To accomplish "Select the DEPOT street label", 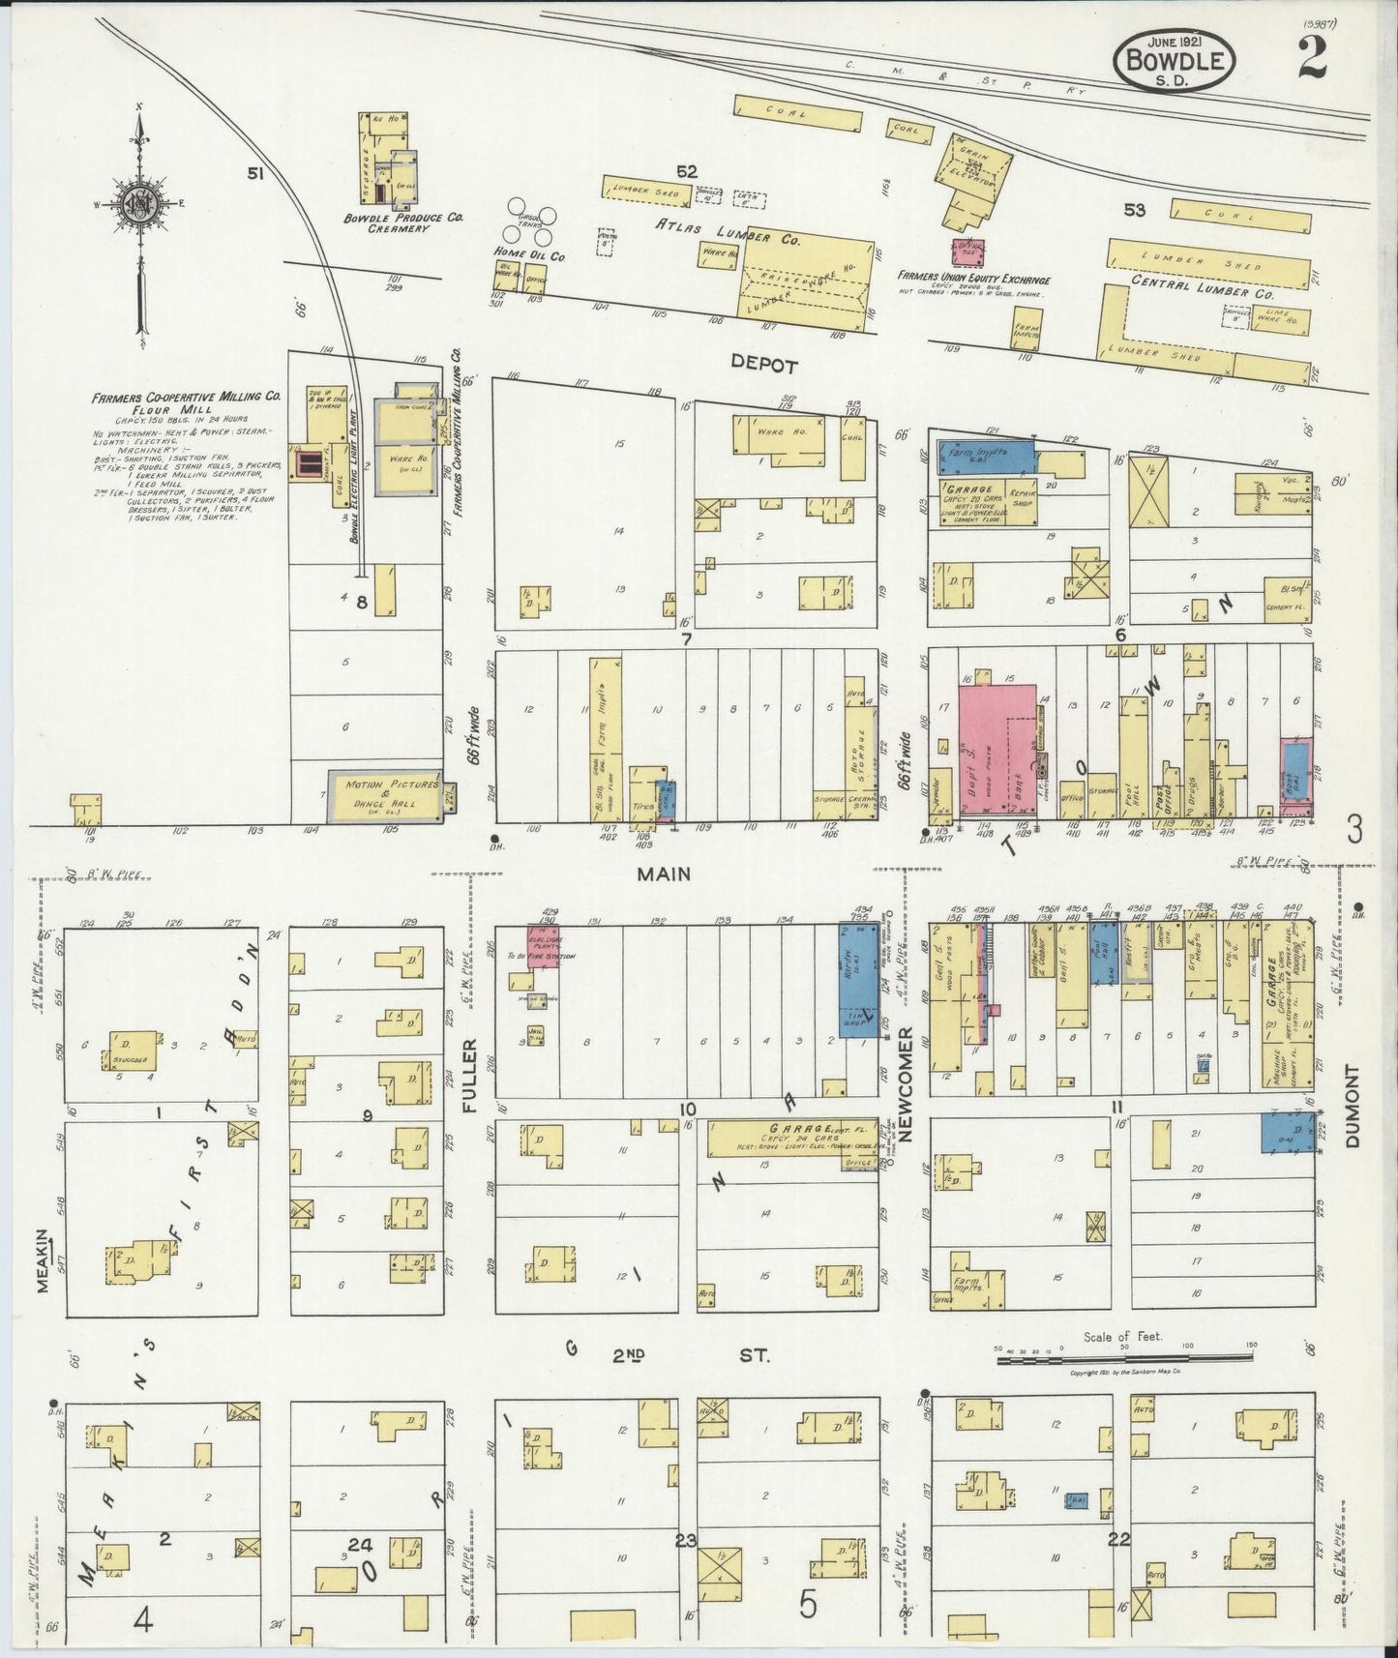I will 764,366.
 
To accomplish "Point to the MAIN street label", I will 665,873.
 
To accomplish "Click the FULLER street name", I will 471,1077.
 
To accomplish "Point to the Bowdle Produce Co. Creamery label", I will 403,222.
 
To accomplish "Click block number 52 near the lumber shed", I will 686,171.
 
